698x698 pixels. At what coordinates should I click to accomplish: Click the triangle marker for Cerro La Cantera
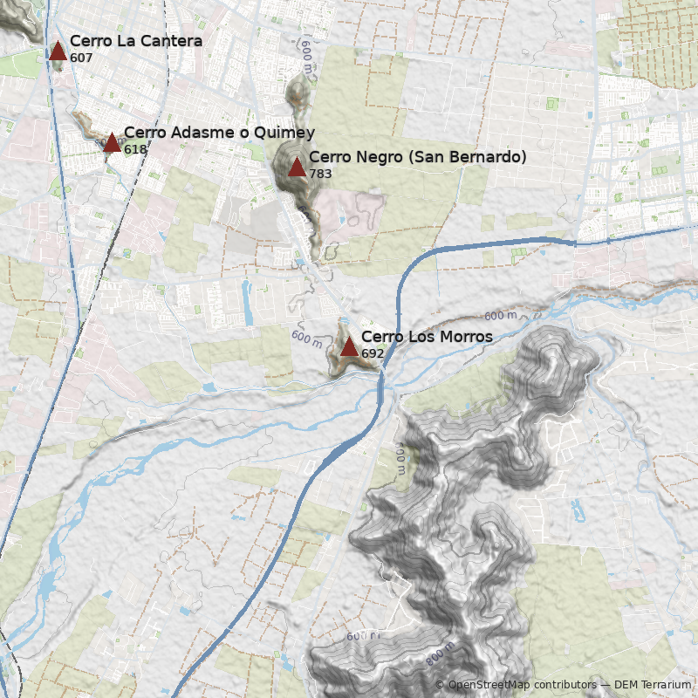coord(58,51)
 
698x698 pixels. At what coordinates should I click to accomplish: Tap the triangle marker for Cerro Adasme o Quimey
coord(112,143)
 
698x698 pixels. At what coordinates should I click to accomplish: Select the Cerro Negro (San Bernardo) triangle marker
coord(297,168)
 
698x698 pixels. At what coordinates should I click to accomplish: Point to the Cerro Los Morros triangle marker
coord(349,347)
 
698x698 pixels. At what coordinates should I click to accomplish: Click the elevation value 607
coord(81,58)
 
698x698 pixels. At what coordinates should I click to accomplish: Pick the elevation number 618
coord(135,149)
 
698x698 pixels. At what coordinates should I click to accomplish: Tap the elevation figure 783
coord(320,174)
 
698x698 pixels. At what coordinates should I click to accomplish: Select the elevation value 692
coord(373,353)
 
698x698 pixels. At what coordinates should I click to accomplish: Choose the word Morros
coord(462,337)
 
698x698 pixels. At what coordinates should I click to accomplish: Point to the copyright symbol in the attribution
coord(440,685)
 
